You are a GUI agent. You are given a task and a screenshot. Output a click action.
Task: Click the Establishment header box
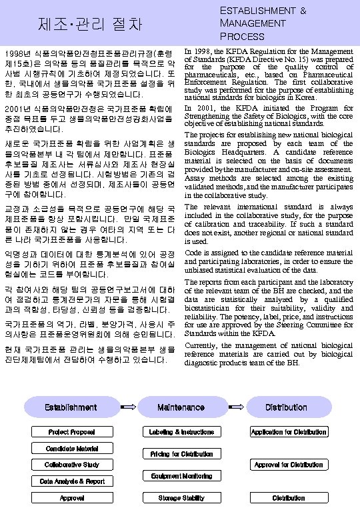(x=71, y=407)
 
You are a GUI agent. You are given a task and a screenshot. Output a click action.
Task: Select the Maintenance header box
(x=181, y=407)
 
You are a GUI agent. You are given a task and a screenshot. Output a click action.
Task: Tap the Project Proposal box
(x=71, y=432)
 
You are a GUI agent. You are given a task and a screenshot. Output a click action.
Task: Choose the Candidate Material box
(x=71, y=448)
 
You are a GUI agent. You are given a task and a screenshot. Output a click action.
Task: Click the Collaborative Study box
(x=71, y=464)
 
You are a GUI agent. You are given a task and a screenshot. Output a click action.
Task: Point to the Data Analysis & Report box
(x=71, y=481)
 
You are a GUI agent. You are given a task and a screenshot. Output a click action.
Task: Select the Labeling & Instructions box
(x=181, y=432)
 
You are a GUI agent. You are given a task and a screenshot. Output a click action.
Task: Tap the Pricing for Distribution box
(x=181, y=454)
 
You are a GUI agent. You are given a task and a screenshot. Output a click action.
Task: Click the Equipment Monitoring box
(x=181, y=476)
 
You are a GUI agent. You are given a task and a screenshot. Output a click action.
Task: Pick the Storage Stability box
(x=181, y=497)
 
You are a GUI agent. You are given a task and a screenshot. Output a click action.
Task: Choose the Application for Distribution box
(x=288, y=432)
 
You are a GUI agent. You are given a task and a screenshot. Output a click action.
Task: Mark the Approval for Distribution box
(x=288, y=464)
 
